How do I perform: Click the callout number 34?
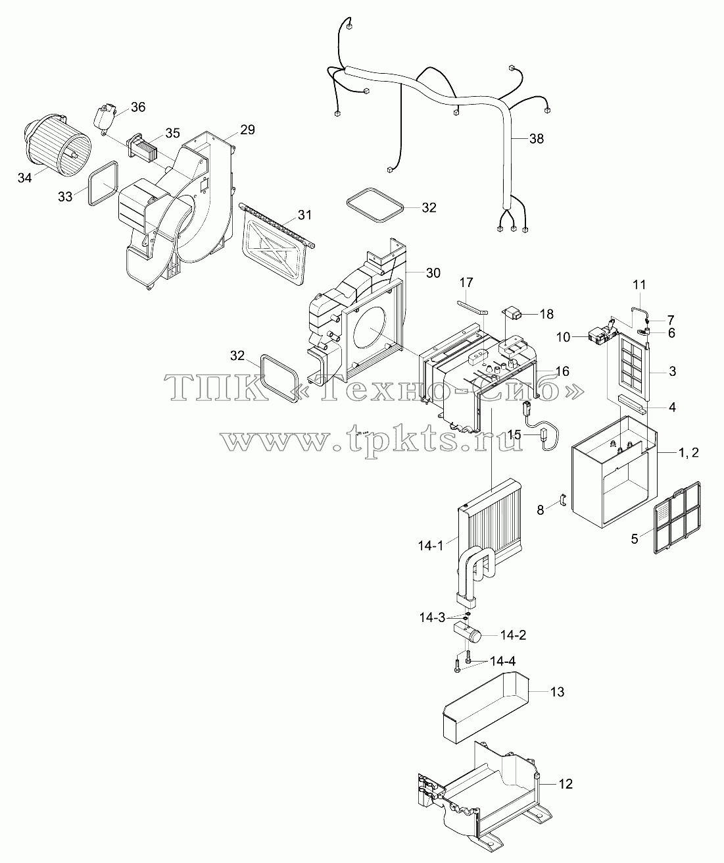click(25, 178)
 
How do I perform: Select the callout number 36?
click(138, 107)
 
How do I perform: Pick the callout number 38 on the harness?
click(537, 139)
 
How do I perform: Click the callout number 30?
click(433, 273)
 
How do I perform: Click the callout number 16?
click(562, 371)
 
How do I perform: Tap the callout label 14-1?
click(430, 546)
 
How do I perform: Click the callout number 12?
click(566, 783)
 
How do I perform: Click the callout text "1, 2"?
click(688, 453)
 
